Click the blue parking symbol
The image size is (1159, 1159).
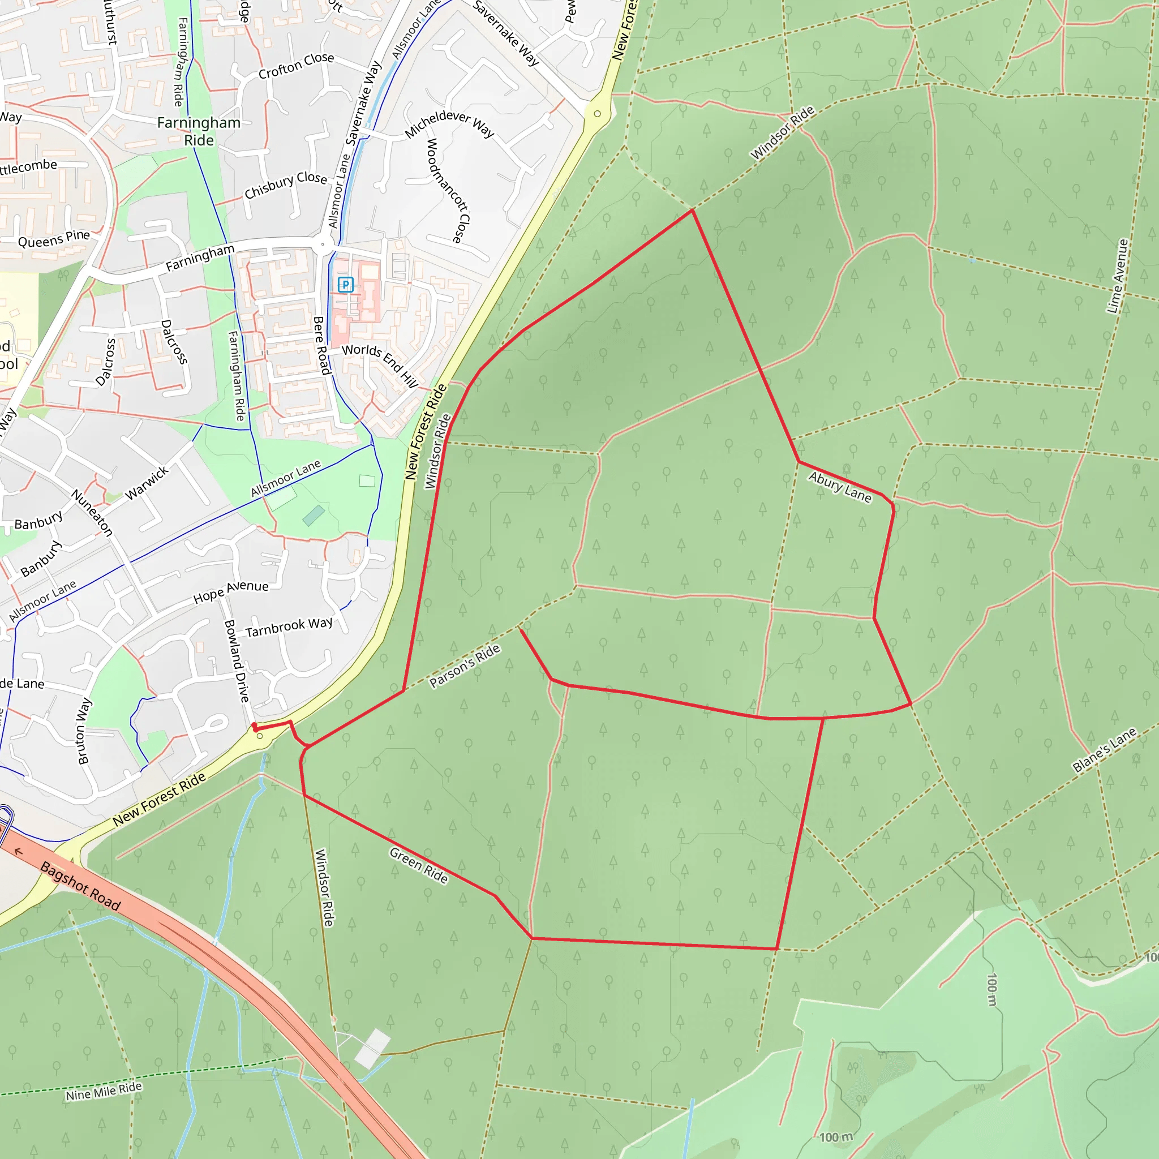coord(346,284)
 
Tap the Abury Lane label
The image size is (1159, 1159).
coord(839,487)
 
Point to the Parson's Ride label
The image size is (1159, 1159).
coord(465,666)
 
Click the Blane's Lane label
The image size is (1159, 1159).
coord(1105,750)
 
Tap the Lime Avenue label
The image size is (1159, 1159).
coord(1118,276)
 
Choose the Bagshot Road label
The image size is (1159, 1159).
coord(80,886)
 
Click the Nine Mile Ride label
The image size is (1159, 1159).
coord(104,1091)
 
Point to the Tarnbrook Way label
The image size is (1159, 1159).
coord(289,627)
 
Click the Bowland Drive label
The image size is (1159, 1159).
coord(237,660)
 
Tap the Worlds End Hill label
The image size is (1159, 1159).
coord(380,366)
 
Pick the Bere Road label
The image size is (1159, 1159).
coord(322,346)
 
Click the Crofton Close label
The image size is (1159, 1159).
coord(297,66)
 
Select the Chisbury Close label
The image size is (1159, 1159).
coord(286,184)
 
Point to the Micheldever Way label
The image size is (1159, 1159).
coord(449,123)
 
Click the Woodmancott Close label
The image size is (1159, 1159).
coord(448,190)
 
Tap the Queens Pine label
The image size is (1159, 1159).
coord(54,239)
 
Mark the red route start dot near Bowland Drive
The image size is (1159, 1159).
coord(254,727)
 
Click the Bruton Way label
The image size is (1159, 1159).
coord(84,731)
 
